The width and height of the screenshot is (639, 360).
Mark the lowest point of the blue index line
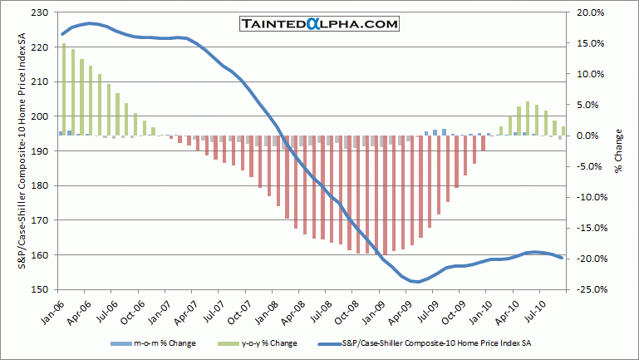coord(416,282)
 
